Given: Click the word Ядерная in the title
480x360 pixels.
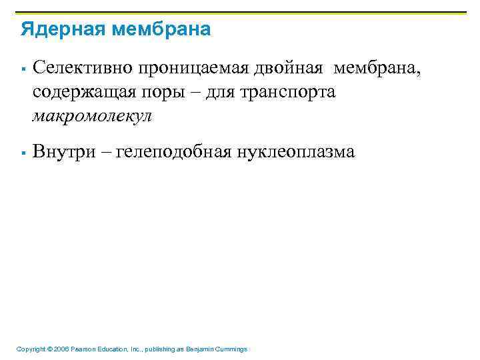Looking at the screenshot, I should coord(59,30).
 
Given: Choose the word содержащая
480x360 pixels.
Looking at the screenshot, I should coord(82,92).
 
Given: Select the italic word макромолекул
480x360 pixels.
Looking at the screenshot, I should coord(92,116).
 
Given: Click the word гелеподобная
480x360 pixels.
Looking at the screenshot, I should coord(174,152).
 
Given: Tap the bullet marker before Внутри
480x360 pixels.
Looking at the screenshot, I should coord(23,153).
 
